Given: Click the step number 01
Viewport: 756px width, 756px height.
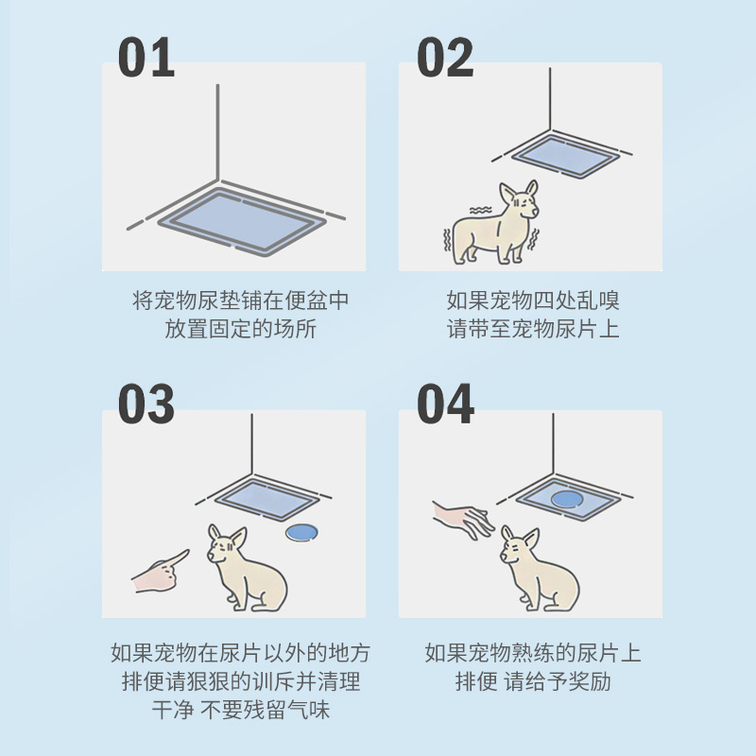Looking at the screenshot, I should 146,59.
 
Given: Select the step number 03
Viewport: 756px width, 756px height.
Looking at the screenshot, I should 146,404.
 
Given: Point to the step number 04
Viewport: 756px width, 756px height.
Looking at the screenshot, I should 445,404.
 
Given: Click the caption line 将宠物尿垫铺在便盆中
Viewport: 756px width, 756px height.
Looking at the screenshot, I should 241,301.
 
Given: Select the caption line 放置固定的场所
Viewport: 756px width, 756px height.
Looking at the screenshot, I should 241,330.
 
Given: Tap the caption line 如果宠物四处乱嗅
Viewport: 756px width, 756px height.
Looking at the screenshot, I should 533,301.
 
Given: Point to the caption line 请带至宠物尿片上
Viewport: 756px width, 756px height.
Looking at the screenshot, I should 533,330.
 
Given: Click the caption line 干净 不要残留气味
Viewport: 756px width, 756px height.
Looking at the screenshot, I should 241,711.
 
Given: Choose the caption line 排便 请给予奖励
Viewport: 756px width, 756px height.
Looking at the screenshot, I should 533,681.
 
